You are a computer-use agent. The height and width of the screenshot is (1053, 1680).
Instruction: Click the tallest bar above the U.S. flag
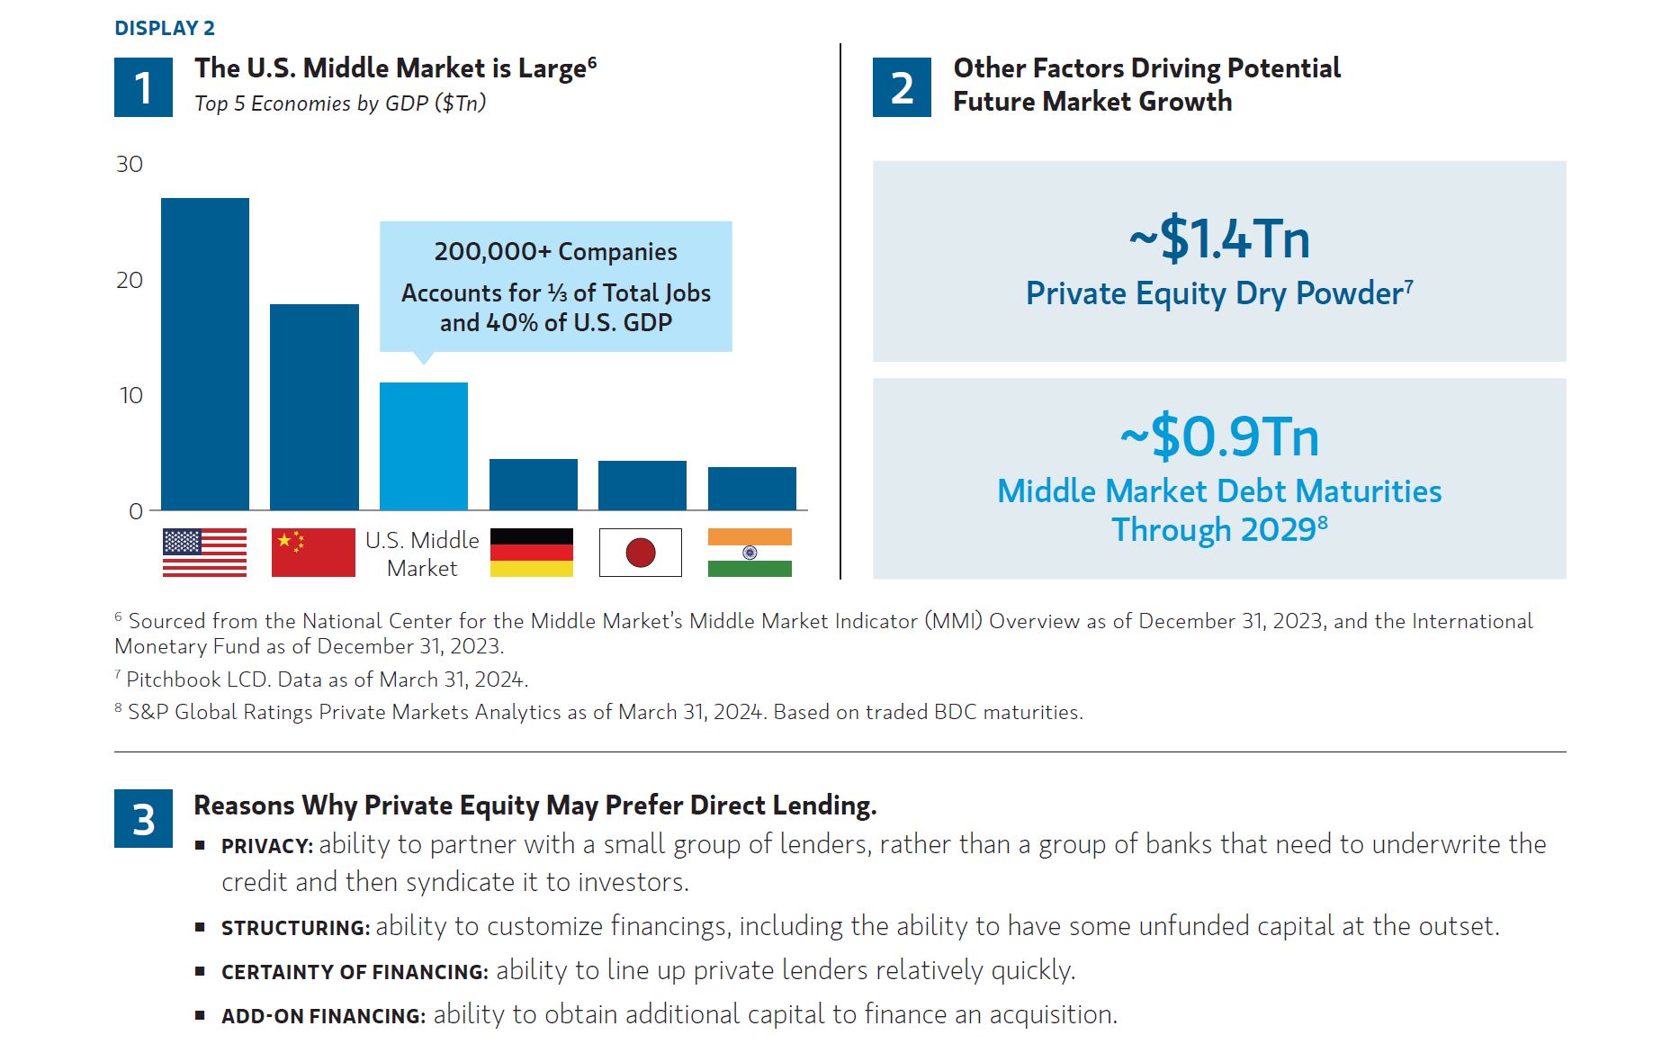click(x=205, y=354)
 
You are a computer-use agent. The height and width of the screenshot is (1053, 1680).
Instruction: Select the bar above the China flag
click(x=314, y=407)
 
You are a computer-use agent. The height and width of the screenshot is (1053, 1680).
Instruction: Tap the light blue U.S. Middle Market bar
click(x=424, y=446)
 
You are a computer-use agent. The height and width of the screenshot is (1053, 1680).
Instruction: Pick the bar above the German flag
click(x=534, y=484)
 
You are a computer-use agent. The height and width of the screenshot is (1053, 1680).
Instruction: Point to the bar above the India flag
click(x=752, y=489)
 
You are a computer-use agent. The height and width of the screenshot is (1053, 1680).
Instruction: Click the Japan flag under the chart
click(x=641, y=553)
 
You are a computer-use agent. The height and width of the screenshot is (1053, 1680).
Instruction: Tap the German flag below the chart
click(x=532, y=553)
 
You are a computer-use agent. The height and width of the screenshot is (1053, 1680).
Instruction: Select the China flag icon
click(x=313, y=553)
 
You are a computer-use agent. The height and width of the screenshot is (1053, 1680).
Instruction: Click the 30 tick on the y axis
click(x=130, y=165)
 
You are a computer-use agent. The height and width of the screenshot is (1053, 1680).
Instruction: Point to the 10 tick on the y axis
click(x=131, y=396)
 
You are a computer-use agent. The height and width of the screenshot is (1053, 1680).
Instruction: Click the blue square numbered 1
click(x=143, y=87)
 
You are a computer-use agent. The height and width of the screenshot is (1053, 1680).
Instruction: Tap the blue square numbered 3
click(x=143, y=818)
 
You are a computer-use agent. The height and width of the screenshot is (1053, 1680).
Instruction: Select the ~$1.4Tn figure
click(x=1219, y=238)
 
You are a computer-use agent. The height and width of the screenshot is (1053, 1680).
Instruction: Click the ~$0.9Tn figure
click(x=1219, y=436)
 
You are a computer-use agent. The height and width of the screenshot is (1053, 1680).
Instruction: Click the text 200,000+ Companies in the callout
click(x=555, y=252)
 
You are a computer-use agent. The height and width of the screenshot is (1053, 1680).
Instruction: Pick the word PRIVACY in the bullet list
click(x=266, y=847)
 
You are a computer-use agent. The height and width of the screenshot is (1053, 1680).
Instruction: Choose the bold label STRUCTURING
click(x=295, y=928)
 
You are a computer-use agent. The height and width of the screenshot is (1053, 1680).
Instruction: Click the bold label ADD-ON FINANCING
click(x=323, y=1016)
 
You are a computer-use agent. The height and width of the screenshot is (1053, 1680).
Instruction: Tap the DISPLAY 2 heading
click(x=165, y=29)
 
